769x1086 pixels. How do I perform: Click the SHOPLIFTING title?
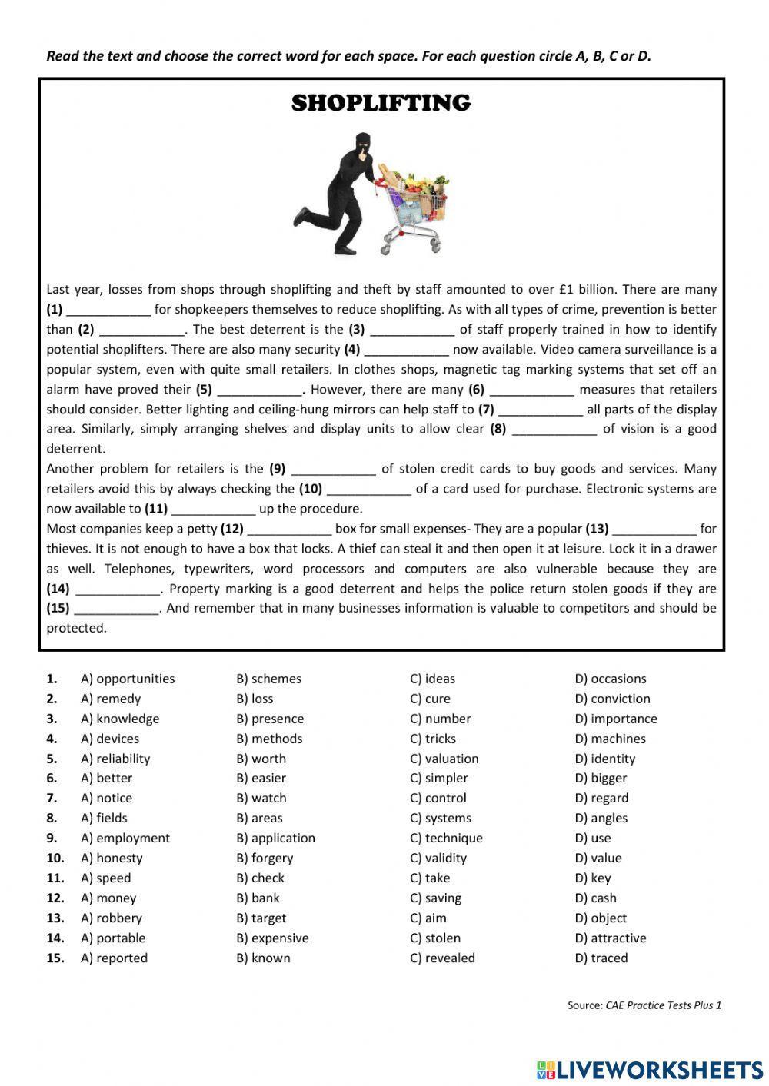tap(381, 103)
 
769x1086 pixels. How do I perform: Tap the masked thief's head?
tap(361, 145)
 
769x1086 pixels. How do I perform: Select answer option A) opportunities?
tap(128, 679)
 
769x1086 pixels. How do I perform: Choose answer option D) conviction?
tap(612, 699)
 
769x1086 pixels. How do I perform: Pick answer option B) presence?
tap(270, 719)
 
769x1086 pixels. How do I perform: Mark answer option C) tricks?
tap(433, 739)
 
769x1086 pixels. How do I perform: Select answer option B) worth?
tap(261, 759)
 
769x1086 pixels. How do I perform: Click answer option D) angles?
tap(601, 818)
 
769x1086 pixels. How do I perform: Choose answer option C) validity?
tap(438, 858)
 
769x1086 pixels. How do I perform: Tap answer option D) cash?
tap(595, 898)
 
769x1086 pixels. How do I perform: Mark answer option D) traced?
tap(601, 958)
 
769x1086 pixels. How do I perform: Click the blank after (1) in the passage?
tap(108, 311)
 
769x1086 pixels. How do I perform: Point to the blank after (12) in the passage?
tap(289, 530)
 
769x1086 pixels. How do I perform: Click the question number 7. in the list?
tap(52, 798)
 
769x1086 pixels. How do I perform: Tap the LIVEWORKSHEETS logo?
tap(649, 1070)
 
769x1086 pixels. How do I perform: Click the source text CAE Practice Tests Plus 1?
tap(663, 1005)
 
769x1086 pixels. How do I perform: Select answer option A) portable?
tap(113, 938)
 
